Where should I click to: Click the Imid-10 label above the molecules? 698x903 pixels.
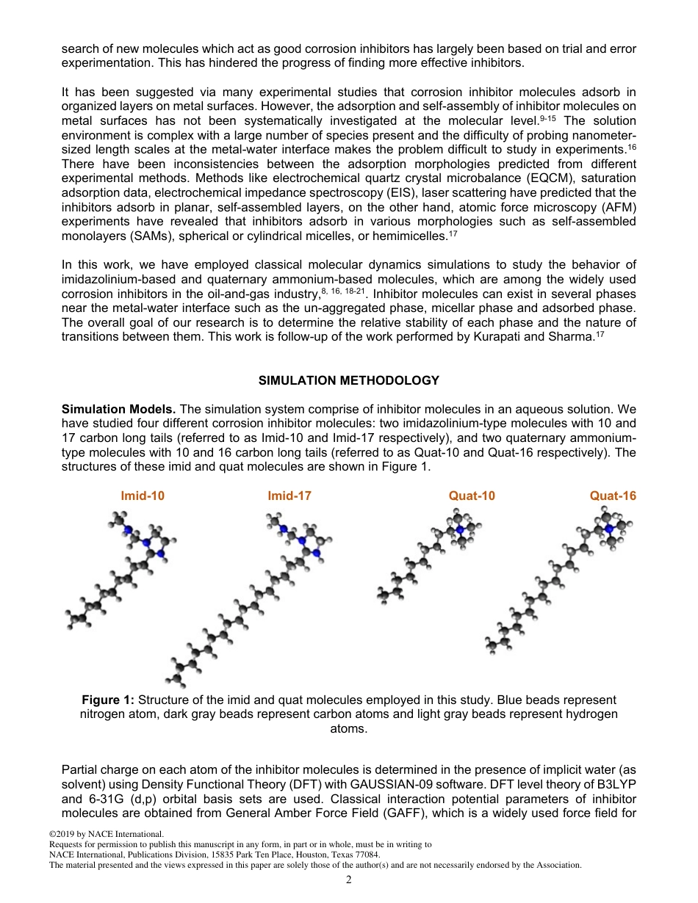click(x=143, y=496)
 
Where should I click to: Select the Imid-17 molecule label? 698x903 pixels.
click(x=289, y=496)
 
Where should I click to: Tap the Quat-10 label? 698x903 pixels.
click(x=472, y=496)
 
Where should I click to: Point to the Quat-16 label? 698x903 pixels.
click(x=613, y=496)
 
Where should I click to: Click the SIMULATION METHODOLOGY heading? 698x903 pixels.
click(x=349, y=380)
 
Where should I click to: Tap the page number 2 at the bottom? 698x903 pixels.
click(x=349, y=880)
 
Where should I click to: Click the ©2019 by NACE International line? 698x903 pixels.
click(x=106, y=835)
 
